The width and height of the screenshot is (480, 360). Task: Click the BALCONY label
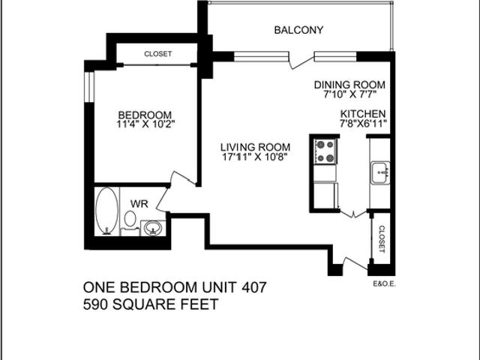[x=298, y=30]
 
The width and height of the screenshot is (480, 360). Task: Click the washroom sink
[x=152, y=226]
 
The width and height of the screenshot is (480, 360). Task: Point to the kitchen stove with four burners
[x=325, y=151]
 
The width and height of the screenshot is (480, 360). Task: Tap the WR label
[x=139, y=203]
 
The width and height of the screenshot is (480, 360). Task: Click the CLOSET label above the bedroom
[x=158, y=54]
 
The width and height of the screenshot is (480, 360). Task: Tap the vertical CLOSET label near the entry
[x=382, y=239]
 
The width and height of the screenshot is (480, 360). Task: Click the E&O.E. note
[x=383, y=283]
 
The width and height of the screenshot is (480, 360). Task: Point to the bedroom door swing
[x=182, y=180]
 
